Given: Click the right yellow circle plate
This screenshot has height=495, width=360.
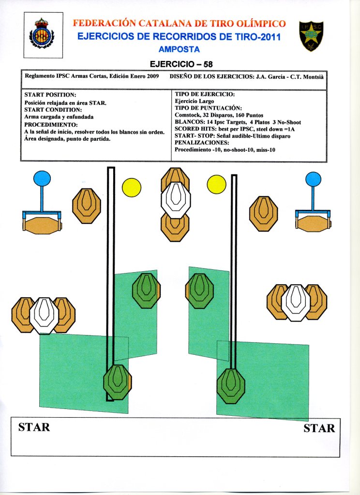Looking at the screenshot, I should (216, 184).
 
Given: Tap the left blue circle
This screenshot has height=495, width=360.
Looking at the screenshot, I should (42, 178).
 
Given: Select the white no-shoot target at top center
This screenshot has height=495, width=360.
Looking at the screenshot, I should (175, 200).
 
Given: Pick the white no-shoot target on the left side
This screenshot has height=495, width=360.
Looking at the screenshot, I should (44, 315).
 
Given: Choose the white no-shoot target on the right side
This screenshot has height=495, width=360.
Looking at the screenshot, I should (296, 303).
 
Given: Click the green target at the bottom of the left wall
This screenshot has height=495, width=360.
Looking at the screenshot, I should (118, 382).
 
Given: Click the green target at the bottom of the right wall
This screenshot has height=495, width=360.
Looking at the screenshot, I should (231, 386).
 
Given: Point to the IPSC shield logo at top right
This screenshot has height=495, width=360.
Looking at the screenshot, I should (311, 36).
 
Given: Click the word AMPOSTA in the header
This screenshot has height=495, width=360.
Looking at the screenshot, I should (179, 49).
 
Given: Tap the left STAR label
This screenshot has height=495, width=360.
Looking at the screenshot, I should (34, 427).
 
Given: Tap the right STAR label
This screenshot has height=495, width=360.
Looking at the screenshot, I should (319, 428).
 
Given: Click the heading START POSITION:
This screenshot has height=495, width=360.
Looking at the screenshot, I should (50, 95).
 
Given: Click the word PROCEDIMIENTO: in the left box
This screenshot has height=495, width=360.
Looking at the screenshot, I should (47, 124).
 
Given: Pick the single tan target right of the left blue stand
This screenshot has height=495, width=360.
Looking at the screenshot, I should (87, 206).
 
